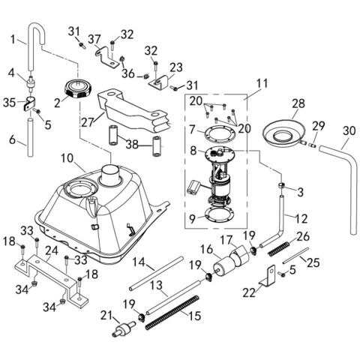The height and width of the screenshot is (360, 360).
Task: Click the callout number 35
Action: [x=7, y=102]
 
